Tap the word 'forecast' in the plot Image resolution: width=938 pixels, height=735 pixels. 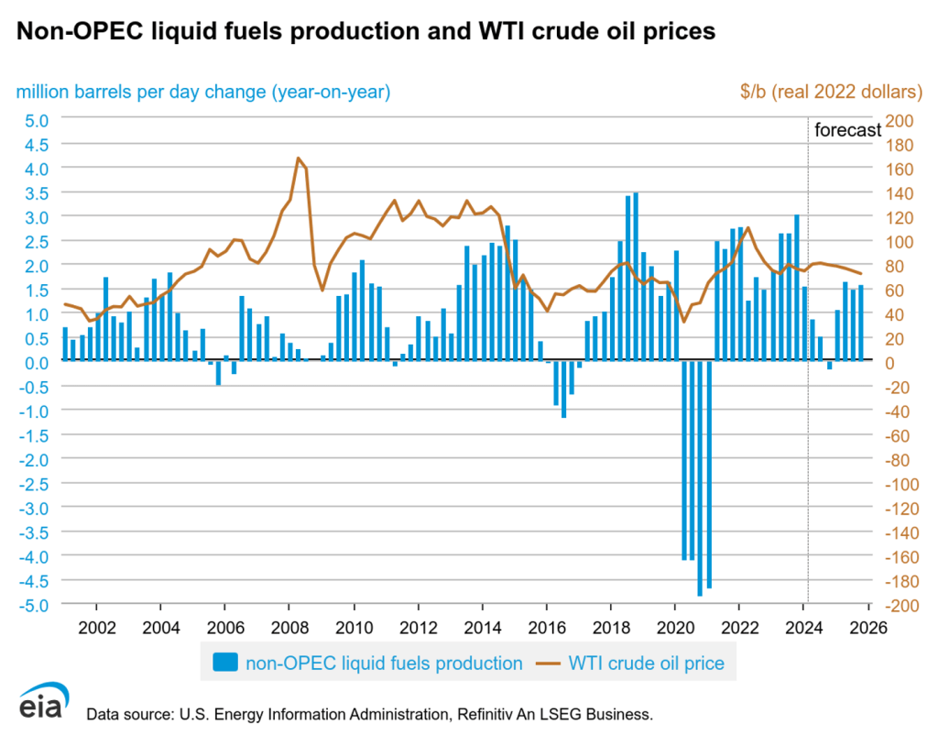tap(847, 130)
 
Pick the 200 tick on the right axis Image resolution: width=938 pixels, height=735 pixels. tap(901, 119)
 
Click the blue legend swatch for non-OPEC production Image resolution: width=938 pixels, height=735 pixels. tap(225, 661)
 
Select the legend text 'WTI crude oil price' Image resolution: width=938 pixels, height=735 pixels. tap(648, 662)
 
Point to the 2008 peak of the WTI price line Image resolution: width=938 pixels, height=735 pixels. tap(299, 159)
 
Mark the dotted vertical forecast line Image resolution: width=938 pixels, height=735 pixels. tap(808, 367)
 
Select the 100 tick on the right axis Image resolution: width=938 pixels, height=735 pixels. tap(901, 241)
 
